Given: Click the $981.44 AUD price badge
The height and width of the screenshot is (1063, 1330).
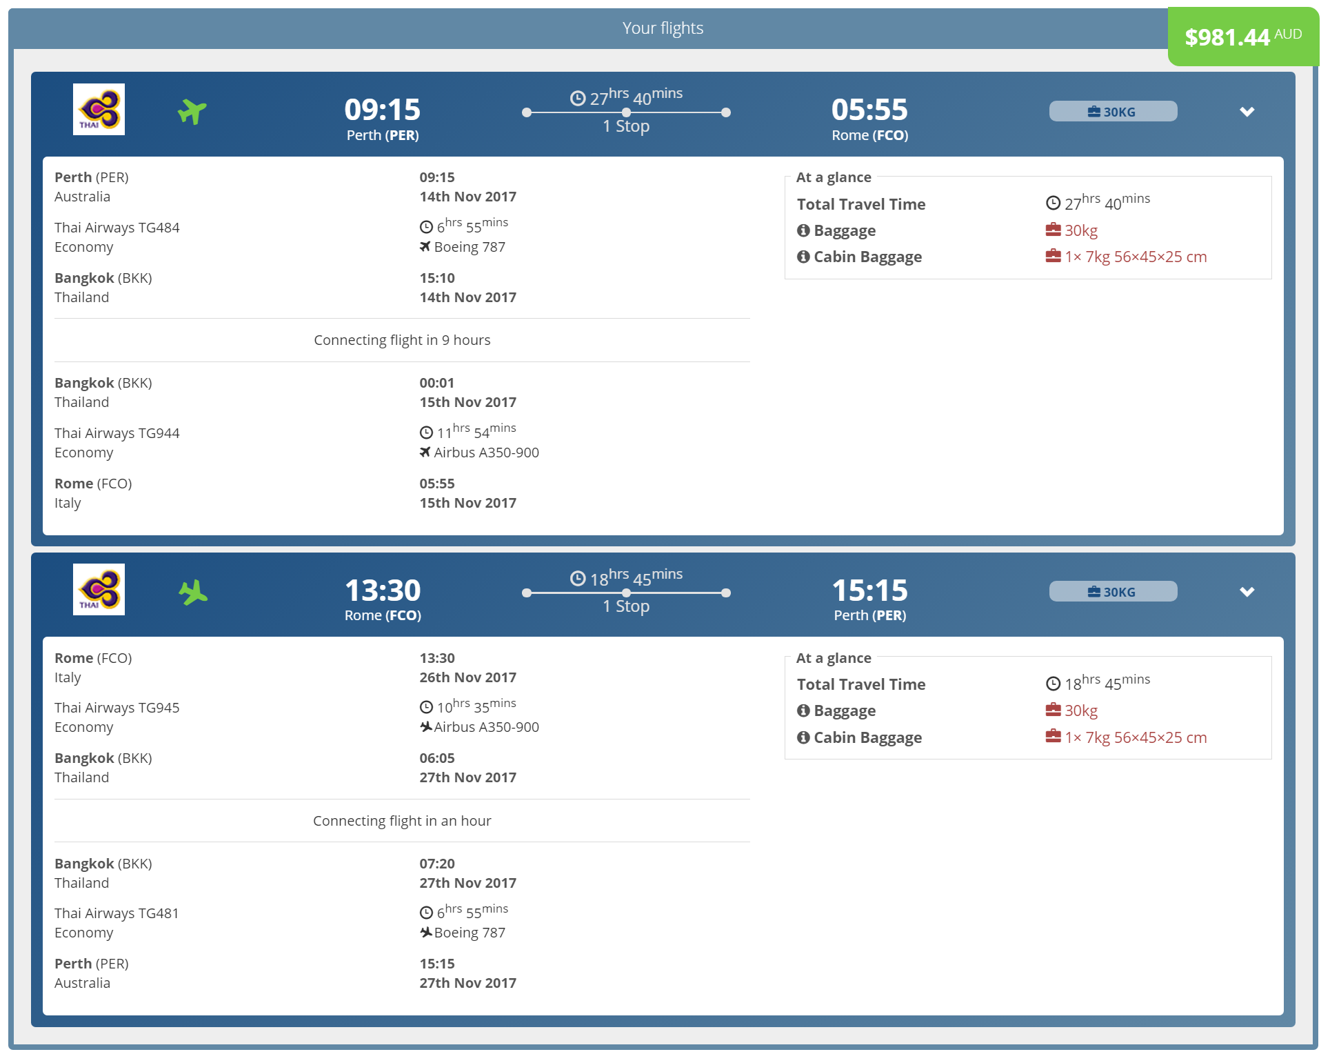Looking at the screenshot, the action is [1242, 37].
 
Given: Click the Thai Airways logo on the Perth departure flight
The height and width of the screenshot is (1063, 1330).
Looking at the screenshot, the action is [99, 109].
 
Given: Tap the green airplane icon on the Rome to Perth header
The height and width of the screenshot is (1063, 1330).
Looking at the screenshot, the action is [193, 592].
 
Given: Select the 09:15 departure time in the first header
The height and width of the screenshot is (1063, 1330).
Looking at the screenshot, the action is [383, 109].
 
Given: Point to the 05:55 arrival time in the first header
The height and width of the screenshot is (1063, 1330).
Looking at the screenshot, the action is [869, 109].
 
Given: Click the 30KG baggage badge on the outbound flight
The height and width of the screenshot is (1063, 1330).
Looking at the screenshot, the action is [1113, 111].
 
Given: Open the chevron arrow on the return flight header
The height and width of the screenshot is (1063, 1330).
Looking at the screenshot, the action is [1247, 592].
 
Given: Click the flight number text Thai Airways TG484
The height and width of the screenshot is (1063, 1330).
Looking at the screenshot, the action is [117, 228].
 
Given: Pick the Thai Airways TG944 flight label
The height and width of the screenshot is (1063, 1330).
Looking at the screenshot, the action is [117, 433].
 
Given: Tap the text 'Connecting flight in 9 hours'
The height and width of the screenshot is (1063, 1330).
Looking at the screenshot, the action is [402, 340].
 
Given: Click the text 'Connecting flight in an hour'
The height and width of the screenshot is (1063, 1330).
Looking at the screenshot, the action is [402, 821].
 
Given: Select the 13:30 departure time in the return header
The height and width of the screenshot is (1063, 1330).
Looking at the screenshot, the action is [383, 590].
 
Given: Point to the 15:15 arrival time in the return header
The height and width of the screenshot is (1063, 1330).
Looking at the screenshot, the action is [869, 590].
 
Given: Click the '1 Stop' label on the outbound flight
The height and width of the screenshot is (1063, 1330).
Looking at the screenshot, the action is [626, 126].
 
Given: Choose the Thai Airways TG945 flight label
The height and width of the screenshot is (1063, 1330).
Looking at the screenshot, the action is [117, 708].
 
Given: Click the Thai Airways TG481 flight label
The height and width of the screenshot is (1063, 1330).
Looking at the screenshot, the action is [117, 913].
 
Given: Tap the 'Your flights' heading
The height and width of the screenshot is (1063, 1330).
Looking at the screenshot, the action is [663, 28].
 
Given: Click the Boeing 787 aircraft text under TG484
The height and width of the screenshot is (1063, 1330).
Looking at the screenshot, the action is [470, 247].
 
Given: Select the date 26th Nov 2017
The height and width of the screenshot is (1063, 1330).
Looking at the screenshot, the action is [468, 677].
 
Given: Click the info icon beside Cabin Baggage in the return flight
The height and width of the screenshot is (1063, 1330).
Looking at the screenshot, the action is [803, 737].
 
